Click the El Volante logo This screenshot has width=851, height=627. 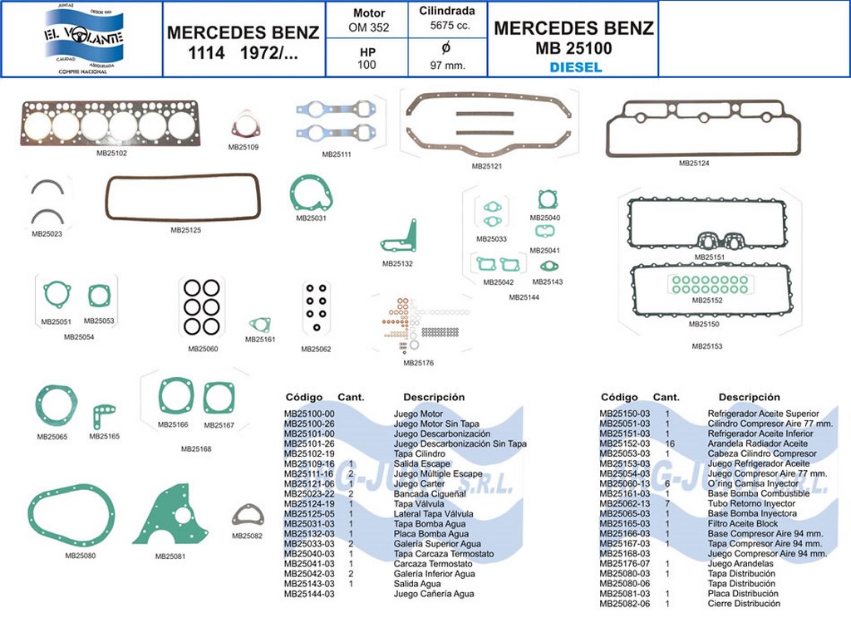click(x=82, y=38)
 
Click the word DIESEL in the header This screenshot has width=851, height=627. click(x=576, y=68)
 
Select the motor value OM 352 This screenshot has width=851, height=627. click(x=368, y=28)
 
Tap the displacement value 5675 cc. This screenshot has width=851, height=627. click(x=447, y=27)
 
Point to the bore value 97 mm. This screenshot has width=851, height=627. click(x=447, y=65)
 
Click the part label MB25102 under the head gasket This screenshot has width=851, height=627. click(x=111, y=153)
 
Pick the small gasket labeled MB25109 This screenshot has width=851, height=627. click(x=244, y=127)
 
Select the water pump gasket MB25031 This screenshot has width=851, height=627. click(x=311, y=195)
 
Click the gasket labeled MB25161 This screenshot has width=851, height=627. click(x=260, y=326)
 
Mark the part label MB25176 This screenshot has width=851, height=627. click(x=418, y=363)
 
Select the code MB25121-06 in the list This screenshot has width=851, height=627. click(x=309, y=484)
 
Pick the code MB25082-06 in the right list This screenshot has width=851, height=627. click(x=625, y=604)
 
